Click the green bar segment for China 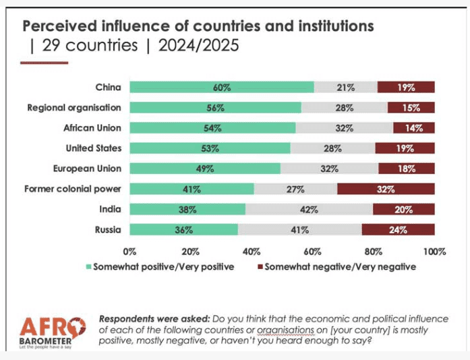point(221,87)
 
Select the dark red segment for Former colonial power point(386,189)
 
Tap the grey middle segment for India point(309,209)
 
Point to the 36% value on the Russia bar point(183,229)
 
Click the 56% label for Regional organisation point(215,107)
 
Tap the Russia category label point(108,229)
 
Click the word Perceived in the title point(59,26)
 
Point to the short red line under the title point(45,63)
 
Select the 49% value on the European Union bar point(205,169)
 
